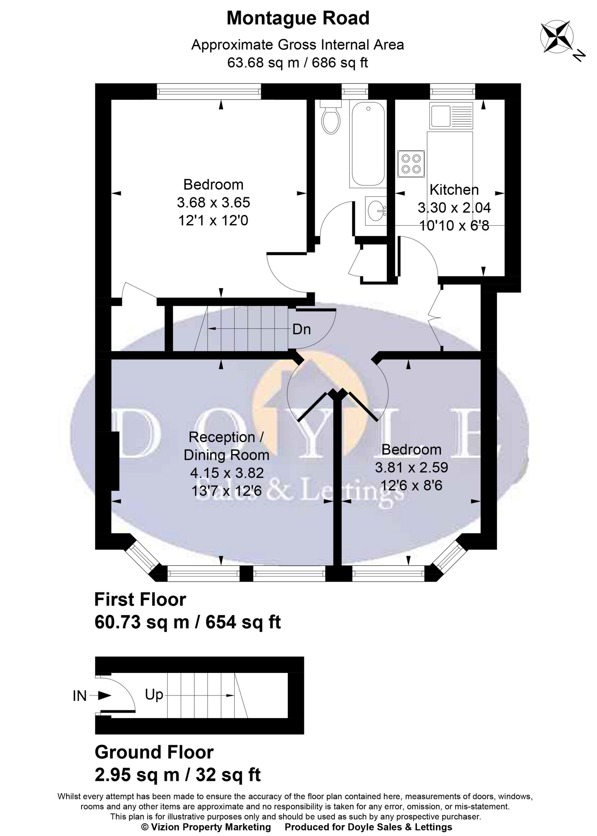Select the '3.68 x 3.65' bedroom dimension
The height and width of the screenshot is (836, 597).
213,203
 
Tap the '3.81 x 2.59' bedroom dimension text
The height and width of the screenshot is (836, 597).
411,467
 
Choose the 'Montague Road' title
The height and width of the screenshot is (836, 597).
298,18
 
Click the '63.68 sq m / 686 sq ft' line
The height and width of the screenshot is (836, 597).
297,63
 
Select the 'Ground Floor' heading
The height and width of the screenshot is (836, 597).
154,752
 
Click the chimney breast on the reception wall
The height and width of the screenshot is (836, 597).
114,461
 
